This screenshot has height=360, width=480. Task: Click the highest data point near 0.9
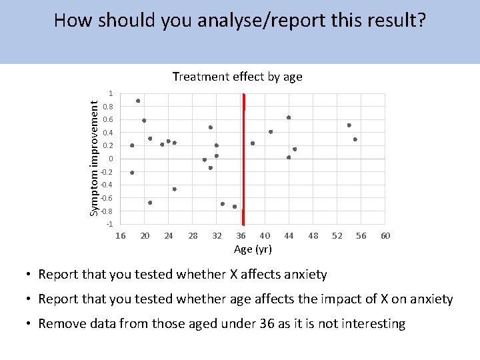(138, 101)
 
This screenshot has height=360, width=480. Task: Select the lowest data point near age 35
(235, 207)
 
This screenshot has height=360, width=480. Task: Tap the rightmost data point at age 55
(355, 139)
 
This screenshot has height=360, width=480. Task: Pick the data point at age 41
(271, 132)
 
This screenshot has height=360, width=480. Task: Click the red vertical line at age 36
(243, 160)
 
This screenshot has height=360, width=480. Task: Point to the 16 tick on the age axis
(121, 235)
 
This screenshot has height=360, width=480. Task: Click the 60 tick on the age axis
(385, 235)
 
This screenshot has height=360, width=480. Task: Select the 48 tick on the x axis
(313, 235)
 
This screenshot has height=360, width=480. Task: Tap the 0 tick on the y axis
(111, 159)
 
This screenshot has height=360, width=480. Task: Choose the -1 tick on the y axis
(109, 223)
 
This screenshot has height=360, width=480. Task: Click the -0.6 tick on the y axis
(107, 198)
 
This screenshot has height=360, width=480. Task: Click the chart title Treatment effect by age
(237, 77)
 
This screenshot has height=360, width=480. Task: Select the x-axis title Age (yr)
(253, 249)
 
